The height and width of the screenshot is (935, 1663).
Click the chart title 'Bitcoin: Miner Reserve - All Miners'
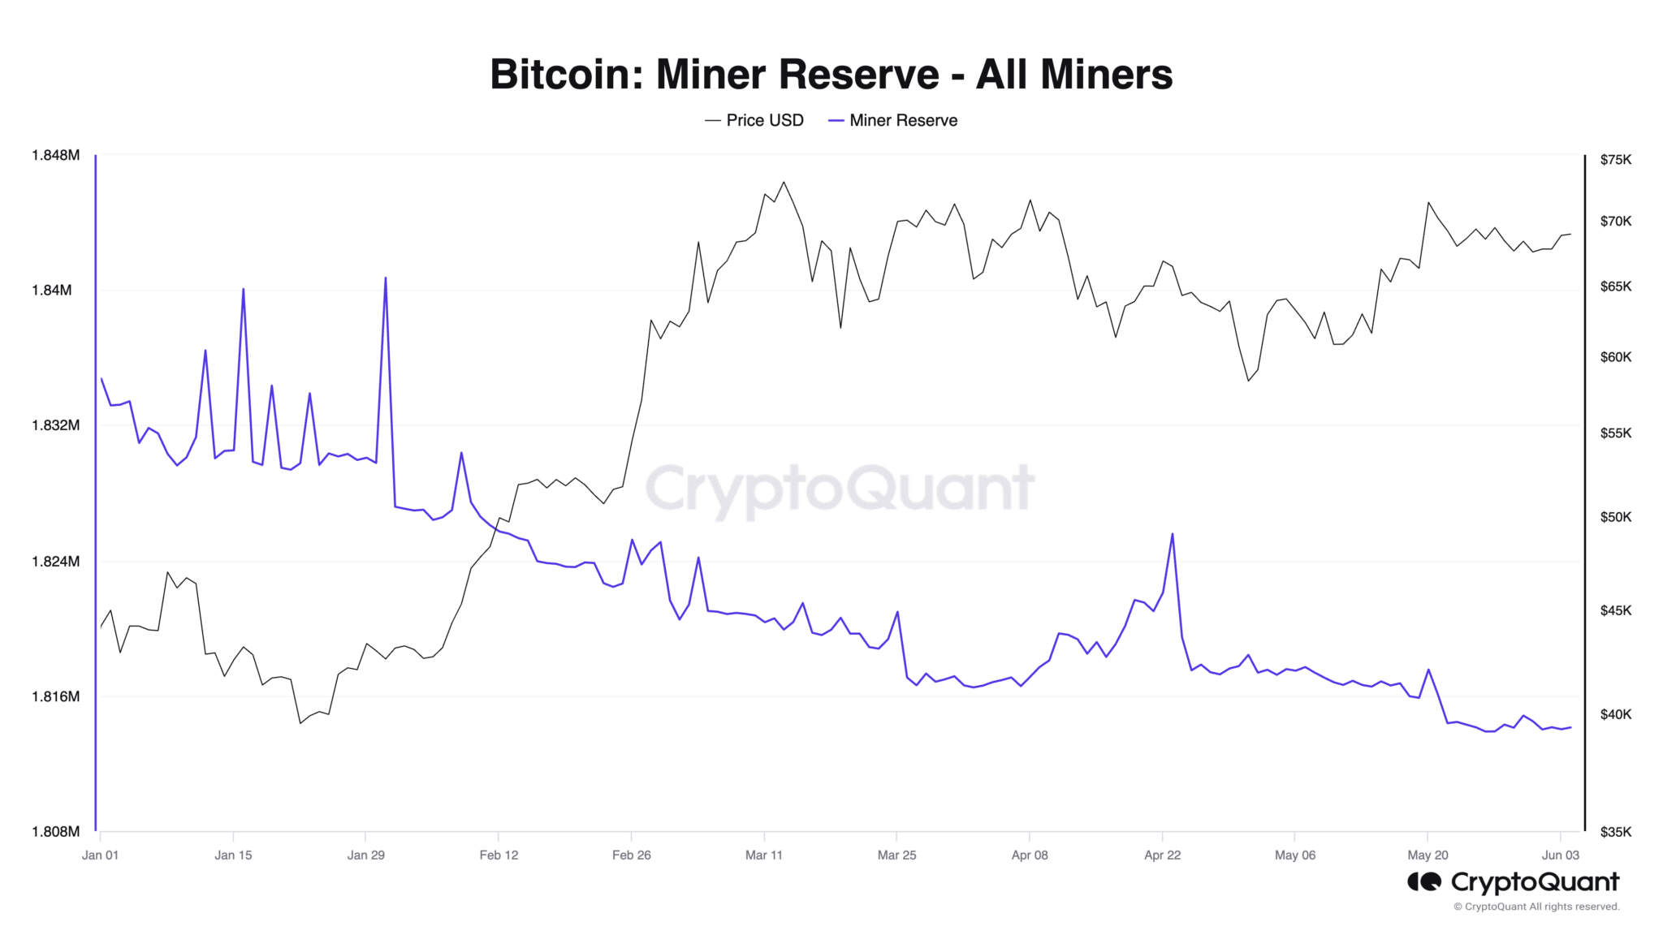pyautogui.click(x=831, y=74)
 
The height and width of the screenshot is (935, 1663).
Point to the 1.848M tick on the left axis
pyautogui.click(x=55, y=155)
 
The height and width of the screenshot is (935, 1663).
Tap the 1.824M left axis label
pyautogui.click(x=55, y=562)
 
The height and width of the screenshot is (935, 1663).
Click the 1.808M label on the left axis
pyautogui.click(x=55, y=832)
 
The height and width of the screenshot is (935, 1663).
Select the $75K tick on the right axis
pyautogui.click(x=1615, y=160)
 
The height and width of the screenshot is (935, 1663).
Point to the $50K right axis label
pyautogui.click(x=1615, y=517)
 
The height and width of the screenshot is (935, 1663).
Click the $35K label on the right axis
pyautogui.click(x=1615, y=832)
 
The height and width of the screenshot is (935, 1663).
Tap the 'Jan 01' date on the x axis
pyautogui.click(x=100, y=855)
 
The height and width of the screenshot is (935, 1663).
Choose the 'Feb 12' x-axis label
pyautogui.click(x=499, y=855)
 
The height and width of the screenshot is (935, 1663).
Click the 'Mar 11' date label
pyautogui.click(x=764, y=855)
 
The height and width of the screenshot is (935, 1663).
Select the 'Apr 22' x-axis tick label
pyautogui.click(x=1162, y=855)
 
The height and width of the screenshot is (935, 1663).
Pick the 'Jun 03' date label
pyautogui.click(x=1560, y=855)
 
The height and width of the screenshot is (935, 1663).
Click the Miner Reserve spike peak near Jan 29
pyautogui.click(x=385, y=278)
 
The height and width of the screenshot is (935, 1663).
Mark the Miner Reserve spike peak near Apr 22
pyautogui.click(x=1172, y=534)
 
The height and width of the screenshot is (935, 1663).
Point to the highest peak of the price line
pyautogui.click(x=784, y=182)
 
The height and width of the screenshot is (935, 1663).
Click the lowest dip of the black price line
pyautogui.click(x=300, y=723)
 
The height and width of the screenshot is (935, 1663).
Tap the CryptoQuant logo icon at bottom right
pyautogui.click(x=1423, y=881)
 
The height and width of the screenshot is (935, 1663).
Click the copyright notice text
pyautogui.click(x=1536, y=907)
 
